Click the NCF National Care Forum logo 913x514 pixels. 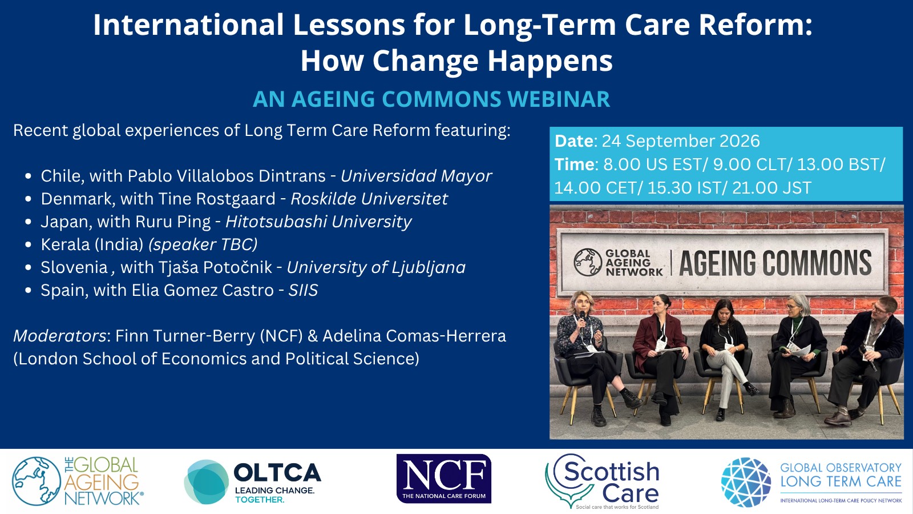[x=444, y=479]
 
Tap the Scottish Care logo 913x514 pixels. [x=602, y=481]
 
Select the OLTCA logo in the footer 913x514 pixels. [x=252, y=482]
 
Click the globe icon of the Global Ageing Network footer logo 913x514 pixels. [x=37, y=481]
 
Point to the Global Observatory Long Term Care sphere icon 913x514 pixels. [x=746, y=482]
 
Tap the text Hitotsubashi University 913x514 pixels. [x=318, y=222]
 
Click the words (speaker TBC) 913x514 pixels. [x=203, y=245]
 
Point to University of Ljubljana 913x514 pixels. [x=376, y=268]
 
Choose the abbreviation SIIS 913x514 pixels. [x=303, y=291]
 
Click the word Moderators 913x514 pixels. [x=60, y=336]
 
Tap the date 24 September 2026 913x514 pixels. [x=681, y=141]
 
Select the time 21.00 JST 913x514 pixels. [x=771, y=188]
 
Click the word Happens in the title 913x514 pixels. [x=550, y=61]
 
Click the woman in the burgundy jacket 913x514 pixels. [x=660, y=355]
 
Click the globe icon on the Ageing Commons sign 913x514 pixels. [x=588, y=262]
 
